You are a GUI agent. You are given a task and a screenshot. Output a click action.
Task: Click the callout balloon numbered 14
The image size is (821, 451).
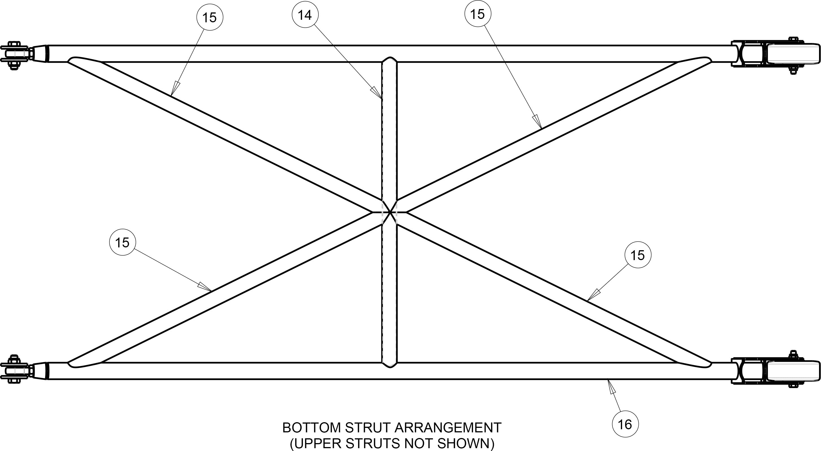(305, 15)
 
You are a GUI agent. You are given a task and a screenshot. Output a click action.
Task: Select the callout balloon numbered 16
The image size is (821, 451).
(625, 424)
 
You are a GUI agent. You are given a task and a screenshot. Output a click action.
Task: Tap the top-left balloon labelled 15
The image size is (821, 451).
(210, 18)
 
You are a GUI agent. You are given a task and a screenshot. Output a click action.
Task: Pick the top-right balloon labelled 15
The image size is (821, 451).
(478, 14)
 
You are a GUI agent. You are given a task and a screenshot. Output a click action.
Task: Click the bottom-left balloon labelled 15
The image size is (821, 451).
(122, 242)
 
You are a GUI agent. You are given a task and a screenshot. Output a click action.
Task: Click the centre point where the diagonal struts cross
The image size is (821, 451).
(389, 212)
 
